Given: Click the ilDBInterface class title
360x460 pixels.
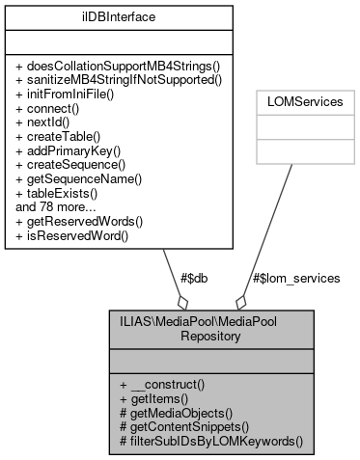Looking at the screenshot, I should coord(120,16).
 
